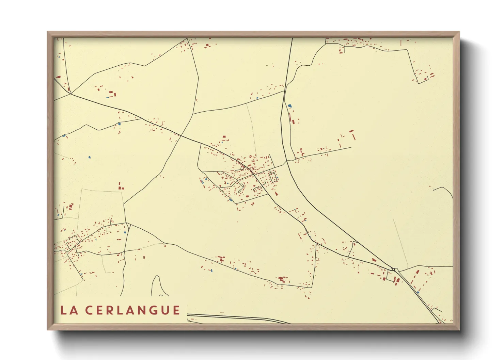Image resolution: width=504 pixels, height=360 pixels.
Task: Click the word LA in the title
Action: (x=68, y=310)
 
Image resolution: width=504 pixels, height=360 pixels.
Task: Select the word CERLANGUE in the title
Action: (x=132, y=310)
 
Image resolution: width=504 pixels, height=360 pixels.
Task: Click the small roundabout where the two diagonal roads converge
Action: (x=393, y=269)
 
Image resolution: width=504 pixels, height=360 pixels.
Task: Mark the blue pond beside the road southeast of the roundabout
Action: (x=418, y=292)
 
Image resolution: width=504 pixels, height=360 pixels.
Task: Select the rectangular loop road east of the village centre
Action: (x=273, y=177)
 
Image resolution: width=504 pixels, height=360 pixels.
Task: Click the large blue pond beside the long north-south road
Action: (x=290, y=106)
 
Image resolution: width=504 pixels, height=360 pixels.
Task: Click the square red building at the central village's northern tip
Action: (x=224, y=137)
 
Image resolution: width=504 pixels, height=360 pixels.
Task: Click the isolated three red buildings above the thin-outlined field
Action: (x=121, y=186)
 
